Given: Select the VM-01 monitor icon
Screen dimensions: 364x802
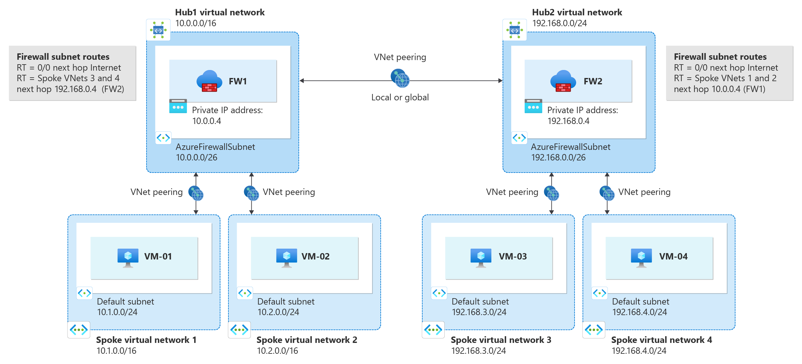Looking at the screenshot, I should click(x=128, y=257).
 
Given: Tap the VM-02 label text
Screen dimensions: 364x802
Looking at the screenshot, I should click(x=315, y=256).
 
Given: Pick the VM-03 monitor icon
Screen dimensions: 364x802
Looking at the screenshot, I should click(x=481, y=257).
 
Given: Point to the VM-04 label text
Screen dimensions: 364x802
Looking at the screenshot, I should click(x=673, y=256).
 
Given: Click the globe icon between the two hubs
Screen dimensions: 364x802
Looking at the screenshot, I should click(x=400, y=78).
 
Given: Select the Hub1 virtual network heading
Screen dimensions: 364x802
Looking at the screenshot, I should click(x=220, y=12).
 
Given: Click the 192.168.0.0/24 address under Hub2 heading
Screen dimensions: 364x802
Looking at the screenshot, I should click(x=560, y=23).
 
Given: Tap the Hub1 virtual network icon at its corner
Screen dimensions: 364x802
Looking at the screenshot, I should click(x=158, y=30).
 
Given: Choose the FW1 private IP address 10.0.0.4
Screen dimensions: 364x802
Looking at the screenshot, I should click(x=207, y=121).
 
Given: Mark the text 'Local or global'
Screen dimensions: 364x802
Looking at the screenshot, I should click(x=400, y=97).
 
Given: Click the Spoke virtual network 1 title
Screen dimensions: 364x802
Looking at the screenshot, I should click(x=146, y=340).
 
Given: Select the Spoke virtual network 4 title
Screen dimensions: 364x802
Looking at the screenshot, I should click(x=662, y=340).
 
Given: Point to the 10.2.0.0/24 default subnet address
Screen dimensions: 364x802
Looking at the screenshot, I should click(x=278, y=312).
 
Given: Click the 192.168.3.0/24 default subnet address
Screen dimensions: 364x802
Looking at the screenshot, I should click(x=479, y=312).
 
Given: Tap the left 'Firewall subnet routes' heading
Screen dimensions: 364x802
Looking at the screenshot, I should click(x=63, y=57).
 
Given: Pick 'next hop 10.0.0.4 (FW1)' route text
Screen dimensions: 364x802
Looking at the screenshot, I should click(x=719, y=89).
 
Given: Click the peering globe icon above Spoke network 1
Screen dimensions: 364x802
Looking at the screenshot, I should click(x=196, y=193).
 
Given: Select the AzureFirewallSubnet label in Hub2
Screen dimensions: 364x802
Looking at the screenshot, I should click(x=571, y=147).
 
